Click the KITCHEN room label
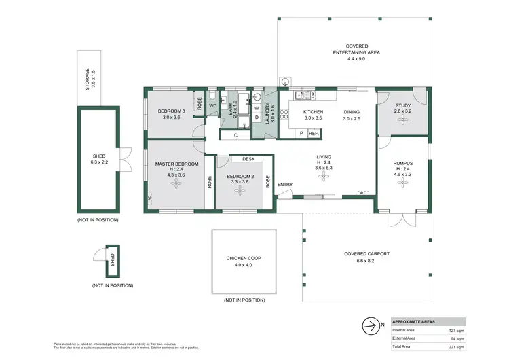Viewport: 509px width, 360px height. pos(313,111)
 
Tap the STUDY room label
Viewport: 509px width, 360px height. pos(403,105)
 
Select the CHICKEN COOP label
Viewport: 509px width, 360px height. pos(244,259)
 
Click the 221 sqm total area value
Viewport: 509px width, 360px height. pos(457,346)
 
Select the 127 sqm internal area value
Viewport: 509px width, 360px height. pos(457,329)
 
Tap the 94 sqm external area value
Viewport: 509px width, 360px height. pos(458,338)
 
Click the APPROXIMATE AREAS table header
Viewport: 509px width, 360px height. pos(415,321)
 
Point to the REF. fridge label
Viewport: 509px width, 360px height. pos(313,134)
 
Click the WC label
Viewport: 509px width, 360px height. pos(212,105)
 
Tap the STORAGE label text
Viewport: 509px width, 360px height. pos(87,79)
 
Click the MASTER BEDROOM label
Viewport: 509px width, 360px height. pos(176,164)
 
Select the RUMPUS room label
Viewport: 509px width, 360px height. pos(403,164)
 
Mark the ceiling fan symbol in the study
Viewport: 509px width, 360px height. pos(403,119)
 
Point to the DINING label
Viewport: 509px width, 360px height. pos(352,111)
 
